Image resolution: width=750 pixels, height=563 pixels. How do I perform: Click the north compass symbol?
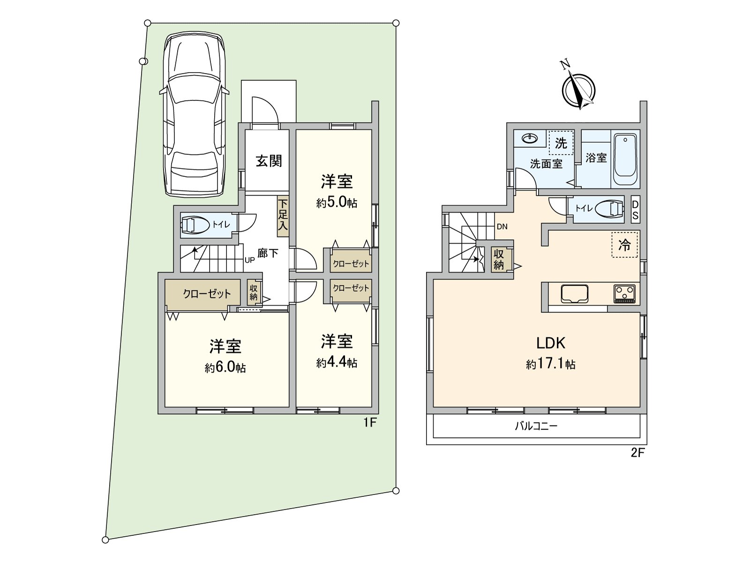point(579,89)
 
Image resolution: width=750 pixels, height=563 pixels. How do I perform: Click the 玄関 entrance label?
point(269,161)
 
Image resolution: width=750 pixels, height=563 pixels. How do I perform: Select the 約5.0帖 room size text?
point(337,203)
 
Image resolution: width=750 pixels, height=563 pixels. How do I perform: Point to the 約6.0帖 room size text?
point(225,368)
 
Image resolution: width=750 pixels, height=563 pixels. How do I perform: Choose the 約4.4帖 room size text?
point(337,363)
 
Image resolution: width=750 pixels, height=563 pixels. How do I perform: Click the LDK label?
point(551,343)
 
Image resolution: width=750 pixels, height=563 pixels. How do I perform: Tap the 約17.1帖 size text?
point(551,364)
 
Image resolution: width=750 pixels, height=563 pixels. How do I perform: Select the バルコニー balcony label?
point(536,426)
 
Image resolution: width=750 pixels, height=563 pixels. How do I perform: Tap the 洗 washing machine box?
point(561,143)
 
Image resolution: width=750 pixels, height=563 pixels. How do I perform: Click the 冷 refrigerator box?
point(624,244)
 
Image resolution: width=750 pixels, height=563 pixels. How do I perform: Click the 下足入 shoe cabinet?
point(283,216)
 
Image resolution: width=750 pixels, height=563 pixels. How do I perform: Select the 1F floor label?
point(370,423)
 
